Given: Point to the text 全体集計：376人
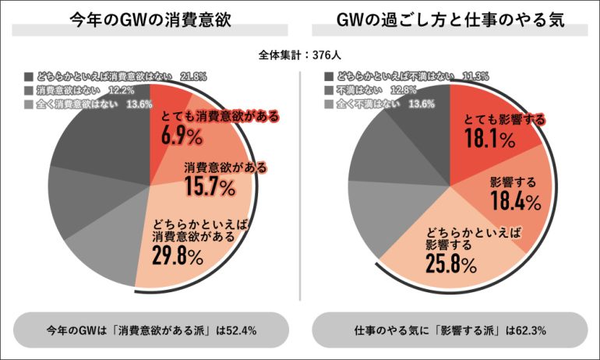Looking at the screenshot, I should (300, 55).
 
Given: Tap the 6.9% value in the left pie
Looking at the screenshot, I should (182, 136).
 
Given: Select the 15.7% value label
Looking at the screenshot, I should (210, 187).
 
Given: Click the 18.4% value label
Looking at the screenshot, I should (515, 203).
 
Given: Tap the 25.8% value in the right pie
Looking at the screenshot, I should (451, 264).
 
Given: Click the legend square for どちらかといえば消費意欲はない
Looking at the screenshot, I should (29, 76).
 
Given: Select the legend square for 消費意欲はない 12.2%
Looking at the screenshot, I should (29, 90).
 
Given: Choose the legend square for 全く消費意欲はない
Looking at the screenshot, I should (29, 104).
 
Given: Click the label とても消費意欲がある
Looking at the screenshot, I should (220, 117).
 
